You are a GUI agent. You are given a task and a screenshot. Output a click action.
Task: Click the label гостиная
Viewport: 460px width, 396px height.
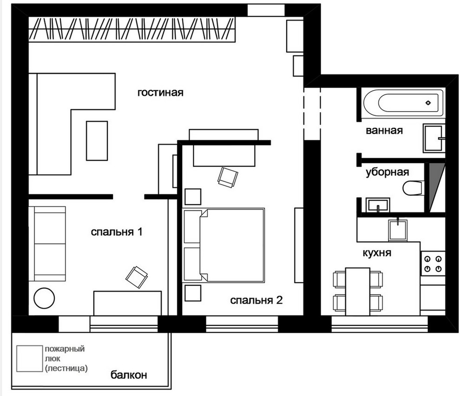pyautogui.click(x=160, y=92)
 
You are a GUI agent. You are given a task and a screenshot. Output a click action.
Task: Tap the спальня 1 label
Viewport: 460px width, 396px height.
pyautogui.click(x=117, y=232)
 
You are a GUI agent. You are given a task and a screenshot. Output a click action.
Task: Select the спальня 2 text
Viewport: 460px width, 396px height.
pyautogui.click(x=256, y=300)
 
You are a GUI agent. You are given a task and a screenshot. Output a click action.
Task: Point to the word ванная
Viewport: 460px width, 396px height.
pyautogui.click(x=384, y=130)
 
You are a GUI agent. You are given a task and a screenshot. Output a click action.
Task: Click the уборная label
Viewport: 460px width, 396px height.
pyautogui.click(x=387, y=172)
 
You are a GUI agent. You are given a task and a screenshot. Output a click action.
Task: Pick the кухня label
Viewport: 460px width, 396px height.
pyautogui.click(x=377, y=253)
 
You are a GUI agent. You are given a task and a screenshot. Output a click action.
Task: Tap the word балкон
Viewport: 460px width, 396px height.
pyautogui.click(x=129, y=375)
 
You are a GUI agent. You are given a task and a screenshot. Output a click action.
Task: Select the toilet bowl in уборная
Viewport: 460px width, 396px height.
pyautogui.click(x=413, y=188)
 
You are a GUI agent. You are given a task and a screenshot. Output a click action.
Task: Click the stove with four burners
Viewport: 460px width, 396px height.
pyautogui.click(x=433, y=264)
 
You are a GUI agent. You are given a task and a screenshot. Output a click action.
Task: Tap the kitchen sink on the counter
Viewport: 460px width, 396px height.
pyautogui.click(x=398, y=230)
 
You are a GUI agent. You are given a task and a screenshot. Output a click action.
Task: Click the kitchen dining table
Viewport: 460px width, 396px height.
pyautogui.click(x=358, y=291)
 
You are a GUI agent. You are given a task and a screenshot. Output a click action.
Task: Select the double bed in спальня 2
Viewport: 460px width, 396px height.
pyautogui.click(x=232, y=245)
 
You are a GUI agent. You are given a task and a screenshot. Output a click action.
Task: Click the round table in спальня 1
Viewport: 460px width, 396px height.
pyautogui.click(x=44, y=298)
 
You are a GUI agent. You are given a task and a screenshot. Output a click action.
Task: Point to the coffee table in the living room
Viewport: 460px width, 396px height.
pyautogui.click(x=97, y=141)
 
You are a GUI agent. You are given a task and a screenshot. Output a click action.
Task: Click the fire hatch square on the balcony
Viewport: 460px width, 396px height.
pyautogui.click(x=29, y=358)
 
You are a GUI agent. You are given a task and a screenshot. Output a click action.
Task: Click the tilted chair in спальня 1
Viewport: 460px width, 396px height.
pyautogui.click(x=137, y=277)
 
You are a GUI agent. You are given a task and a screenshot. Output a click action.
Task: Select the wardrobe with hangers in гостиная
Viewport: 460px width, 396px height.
pyautogui.click(x=132, y=29)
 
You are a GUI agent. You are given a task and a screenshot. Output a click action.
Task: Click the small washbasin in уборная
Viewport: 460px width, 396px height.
pyautogui.click(x=378, y=205)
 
